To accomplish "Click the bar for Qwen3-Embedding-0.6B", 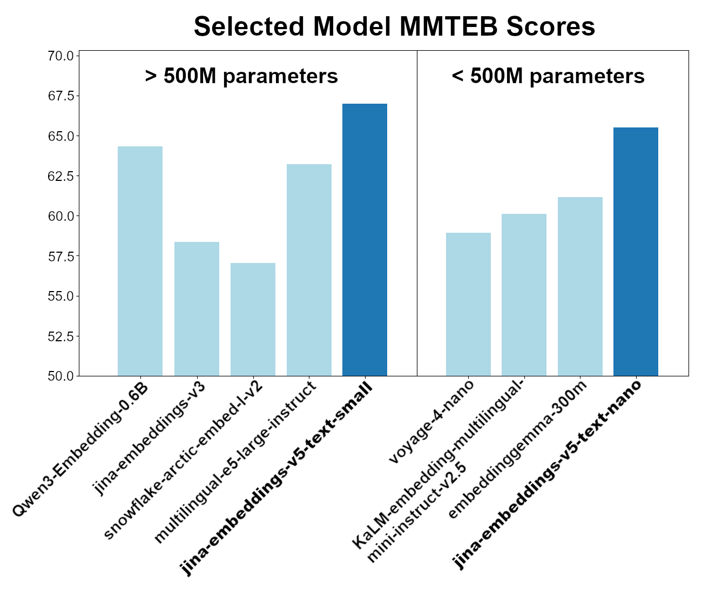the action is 140,261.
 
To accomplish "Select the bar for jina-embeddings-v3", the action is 197,309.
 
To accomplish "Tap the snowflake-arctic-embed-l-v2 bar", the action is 253,319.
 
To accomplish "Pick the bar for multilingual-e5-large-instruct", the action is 309,270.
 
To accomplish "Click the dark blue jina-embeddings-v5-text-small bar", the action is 364,240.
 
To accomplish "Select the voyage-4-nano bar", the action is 468,305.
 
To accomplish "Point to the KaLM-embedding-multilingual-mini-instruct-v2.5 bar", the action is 524,295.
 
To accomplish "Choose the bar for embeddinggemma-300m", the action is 580,286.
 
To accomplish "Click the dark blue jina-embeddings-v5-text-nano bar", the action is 636,252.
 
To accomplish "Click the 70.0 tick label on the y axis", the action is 61,56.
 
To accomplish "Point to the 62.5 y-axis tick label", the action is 61,176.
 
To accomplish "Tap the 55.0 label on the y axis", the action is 61,296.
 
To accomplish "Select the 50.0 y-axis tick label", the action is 61,376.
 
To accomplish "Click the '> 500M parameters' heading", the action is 241,76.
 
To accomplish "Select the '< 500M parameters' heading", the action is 548,76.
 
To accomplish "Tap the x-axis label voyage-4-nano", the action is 431,422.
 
